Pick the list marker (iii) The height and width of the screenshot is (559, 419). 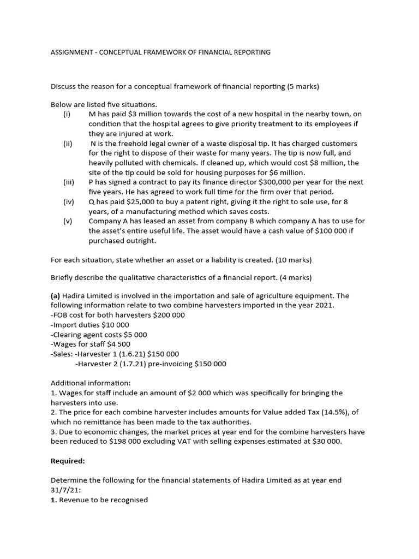coord(69,182)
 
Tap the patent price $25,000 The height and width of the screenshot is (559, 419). coord(132,201)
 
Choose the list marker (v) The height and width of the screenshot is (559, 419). coord(68,221)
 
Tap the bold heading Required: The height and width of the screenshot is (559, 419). coord(68,461)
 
